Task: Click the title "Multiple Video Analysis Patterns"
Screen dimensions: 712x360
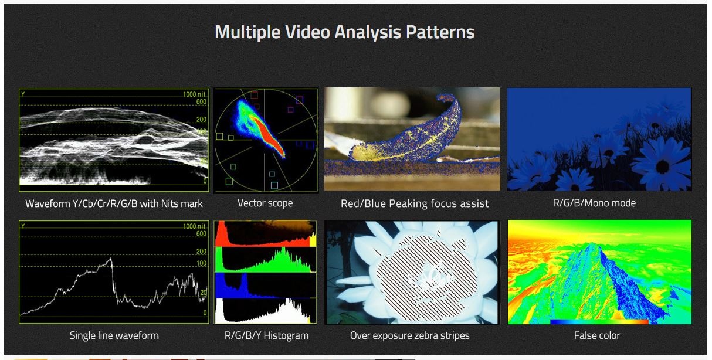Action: coord(344,32)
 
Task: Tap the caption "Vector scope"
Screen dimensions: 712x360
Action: coord(265,203)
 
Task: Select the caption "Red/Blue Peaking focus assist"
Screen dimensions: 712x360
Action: coord(415,203)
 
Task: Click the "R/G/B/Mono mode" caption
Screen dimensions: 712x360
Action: coord(594,203)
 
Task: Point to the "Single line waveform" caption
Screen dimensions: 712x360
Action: coord(114,335)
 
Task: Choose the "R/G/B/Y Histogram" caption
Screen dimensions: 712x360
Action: coord(266,335)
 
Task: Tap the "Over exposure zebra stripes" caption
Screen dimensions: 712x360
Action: coord(410,335)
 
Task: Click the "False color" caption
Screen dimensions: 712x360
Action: coord(597,335)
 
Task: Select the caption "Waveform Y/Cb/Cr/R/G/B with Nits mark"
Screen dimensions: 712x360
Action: coord(114,203)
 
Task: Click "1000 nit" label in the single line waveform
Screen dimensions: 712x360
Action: coord(194,226)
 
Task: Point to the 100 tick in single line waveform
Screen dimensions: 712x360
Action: coord(201,263)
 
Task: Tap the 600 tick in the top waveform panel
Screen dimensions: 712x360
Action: coord(201,101)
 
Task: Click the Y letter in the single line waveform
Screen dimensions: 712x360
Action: coord(23,226)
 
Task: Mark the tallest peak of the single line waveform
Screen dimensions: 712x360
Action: coord(111,259)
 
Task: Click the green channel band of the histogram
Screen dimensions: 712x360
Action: coord(266,260)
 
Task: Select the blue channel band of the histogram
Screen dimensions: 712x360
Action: coord(266,286)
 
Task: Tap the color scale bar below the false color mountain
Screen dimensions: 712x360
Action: coord(599,321)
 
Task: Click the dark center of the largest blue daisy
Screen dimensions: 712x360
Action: coord(662,167)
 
